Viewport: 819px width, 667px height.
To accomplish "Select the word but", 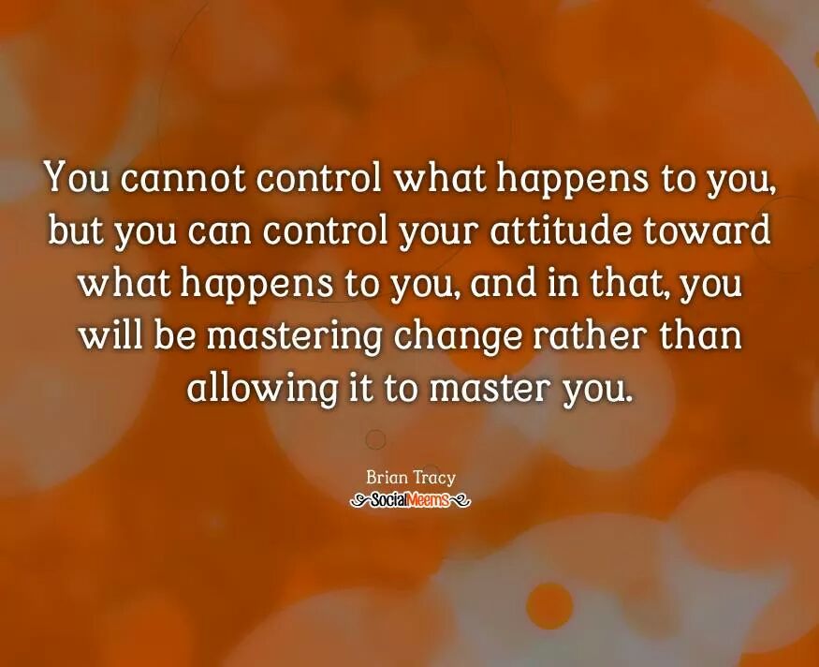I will coord(75,230).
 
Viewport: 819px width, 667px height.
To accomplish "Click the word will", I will coord(111,334).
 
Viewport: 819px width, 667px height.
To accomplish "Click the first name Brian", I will coord(387,479).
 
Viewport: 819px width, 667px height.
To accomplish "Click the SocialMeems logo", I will coord(409,501).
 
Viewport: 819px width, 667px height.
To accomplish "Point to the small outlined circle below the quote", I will coord(375,438).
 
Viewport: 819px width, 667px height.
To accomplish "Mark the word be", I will coord(172,334).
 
